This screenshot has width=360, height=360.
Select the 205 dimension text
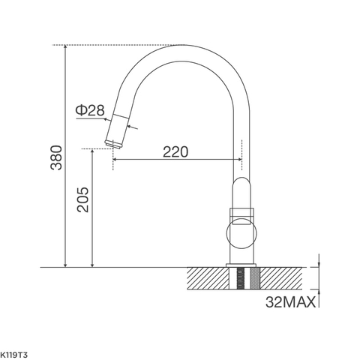click(82, 200)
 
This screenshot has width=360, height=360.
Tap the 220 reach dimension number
click(175, 151)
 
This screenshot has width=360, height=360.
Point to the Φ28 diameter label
click(89, 110)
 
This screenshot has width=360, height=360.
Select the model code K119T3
click(18, 351)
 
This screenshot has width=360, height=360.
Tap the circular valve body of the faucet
click(241, 233)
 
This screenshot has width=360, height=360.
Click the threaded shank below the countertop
click(241, 281)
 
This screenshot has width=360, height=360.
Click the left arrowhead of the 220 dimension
click(117, 160)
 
